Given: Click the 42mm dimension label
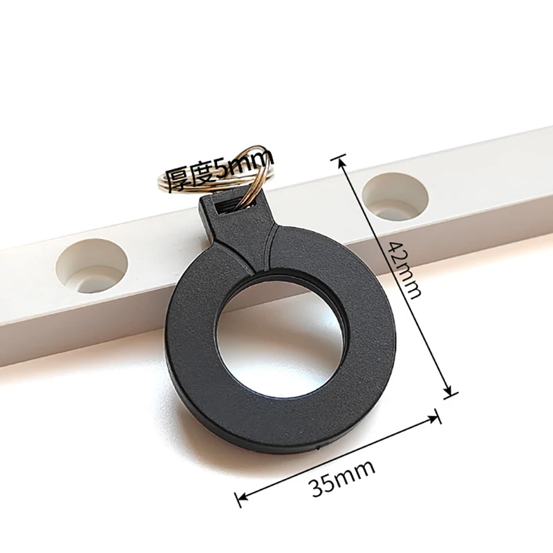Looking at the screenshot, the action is click(x=404, y=270).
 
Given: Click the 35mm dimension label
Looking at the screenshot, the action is click(x=343, y=478).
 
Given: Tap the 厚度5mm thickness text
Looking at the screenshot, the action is click(x=218, y=171).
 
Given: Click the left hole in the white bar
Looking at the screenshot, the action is click(x=92, y=266).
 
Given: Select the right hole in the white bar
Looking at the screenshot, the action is click(x=395, y=196).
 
